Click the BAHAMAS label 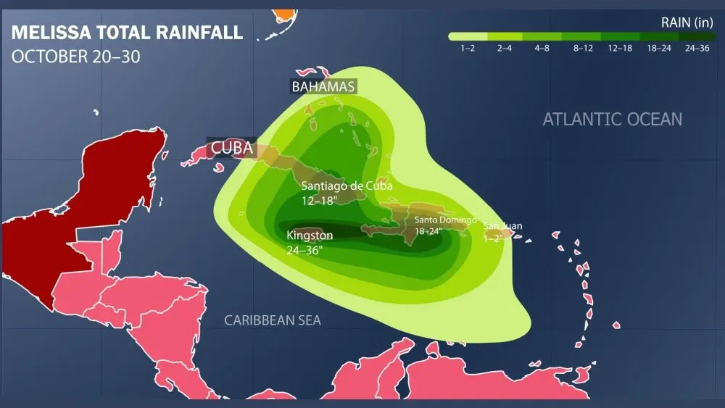tap(323, 87)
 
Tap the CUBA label tap(231, 149)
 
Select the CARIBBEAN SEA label tap(272, 320)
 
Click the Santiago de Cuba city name tap(347, 186)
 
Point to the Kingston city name tap(310, 236)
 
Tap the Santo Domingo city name tap(445, 220)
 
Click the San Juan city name tap(502, 226)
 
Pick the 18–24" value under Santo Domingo tap(431, 230)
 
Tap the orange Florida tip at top tap(286, 14)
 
